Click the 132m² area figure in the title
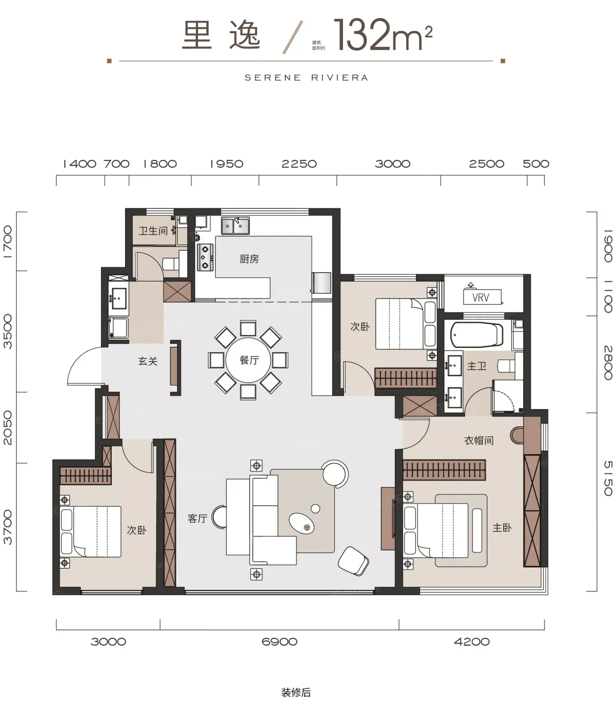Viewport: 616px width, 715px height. pyautogui.click(x=383, y=35)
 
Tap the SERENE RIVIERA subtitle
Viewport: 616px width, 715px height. pyautogui.click(x=306, y=78)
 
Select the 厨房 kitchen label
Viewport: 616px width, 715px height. pyautogui.click(x=249, y=259)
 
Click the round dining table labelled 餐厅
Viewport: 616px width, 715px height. pyautogui.click(x=248, y=360)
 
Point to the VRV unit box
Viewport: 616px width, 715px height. pyautogui.click(x=482, y=297)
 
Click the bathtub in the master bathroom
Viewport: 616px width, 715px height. pyautogui.click(x=477, y=335)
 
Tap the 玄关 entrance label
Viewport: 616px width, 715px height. pyautogui.click(x=148, y=361)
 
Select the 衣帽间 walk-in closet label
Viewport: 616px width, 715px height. pyautogui.click(x=478, y=440)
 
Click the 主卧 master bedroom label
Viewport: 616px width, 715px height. pyautogui.click(x=502, y=528)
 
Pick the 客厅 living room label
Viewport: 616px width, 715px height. pyautogui.click(x=198, y=518)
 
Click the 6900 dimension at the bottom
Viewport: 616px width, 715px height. pyautogui.click(x=279, y=641)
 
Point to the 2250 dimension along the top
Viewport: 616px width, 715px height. pyautogui.click(x=299, y=163)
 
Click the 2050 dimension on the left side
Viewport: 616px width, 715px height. pyautogui.click(x=8, y=427)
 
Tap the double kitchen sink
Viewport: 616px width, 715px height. pyautogui.click(x=235, y=226)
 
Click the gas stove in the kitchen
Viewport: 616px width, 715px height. pyautogui.click(x=205, y=257)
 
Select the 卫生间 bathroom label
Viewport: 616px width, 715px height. pyautogui.click(x=153, y=231)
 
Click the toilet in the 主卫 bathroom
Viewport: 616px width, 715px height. pyautogui.click(x=506, y=365)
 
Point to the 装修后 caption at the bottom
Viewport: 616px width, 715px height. pyautogui.click(x=296, y=693)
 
